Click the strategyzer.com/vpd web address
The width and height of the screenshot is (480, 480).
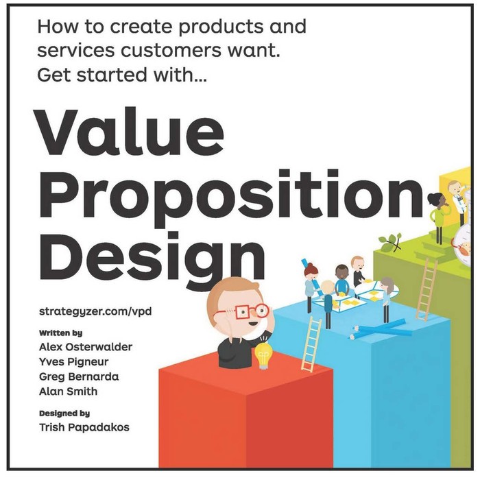(x=95, y=311)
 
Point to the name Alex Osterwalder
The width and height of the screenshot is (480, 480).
(x=86, y=347)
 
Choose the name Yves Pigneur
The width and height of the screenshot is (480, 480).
(x=74, y=361)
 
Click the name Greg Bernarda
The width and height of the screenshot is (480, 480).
(x=79, y=376)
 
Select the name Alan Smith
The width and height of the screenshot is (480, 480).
(x=68, y=391)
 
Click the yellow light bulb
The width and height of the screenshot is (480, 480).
(x=263, y=356)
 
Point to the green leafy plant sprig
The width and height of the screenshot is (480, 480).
(x=391, y=241)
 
